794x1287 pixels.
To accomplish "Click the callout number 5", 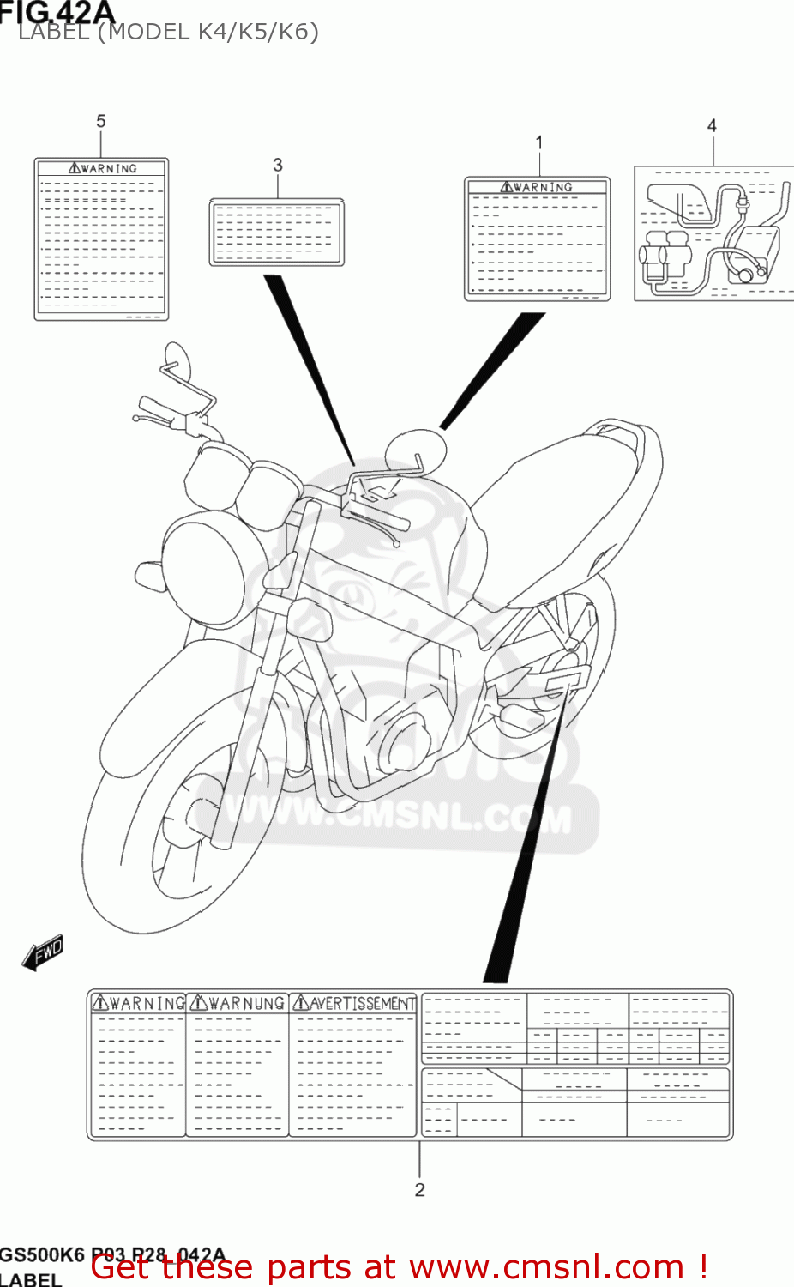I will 101,122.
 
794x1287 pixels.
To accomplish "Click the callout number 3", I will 278,165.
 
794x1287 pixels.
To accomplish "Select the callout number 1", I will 539,142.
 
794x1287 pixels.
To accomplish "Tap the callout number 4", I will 712,126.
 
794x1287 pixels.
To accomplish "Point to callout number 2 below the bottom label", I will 419,1189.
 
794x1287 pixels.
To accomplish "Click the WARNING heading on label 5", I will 103,169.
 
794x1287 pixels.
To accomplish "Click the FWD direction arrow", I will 43,952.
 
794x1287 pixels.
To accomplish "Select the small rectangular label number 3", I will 277,233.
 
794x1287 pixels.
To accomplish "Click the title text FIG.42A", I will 57,12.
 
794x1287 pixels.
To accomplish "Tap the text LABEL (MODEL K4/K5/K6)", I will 168,33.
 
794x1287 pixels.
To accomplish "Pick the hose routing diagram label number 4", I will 713,233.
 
